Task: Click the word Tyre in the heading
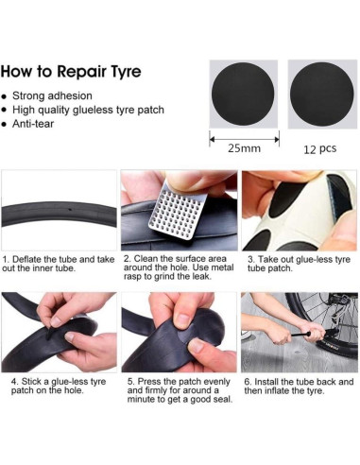pyautogui.click(x=124, y=72)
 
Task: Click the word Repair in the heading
pyautogui.click(x=81, y=72)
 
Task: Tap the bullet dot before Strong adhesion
pyautogui.click(x=4, y=96)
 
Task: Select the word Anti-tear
pyautogui.click(x=33, y=124)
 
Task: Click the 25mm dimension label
pyautogui.click(x=245, y=148)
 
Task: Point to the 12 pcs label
pyautogui.click(x=320, y=148)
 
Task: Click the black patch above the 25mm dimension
pyautogui.click(x=243, y=94)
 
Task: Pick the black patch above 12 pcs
pyautogui.click(x=321, y=94)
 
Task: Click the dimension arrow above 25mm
pyautogui.click(x=245, y=139)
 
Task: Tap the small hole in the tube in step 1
pyautogui.click(x=70, y=210)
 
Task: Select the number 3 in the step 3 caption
pyautogui.click(x=250, y=260)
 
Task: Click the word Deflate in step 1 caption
pyautogui.click(x=26, y=260)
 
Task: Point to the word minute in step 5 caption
pyautogui.click(x=141, y=400)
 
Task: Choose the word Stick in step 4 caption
pyautogui.click(x=31, y=382)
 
